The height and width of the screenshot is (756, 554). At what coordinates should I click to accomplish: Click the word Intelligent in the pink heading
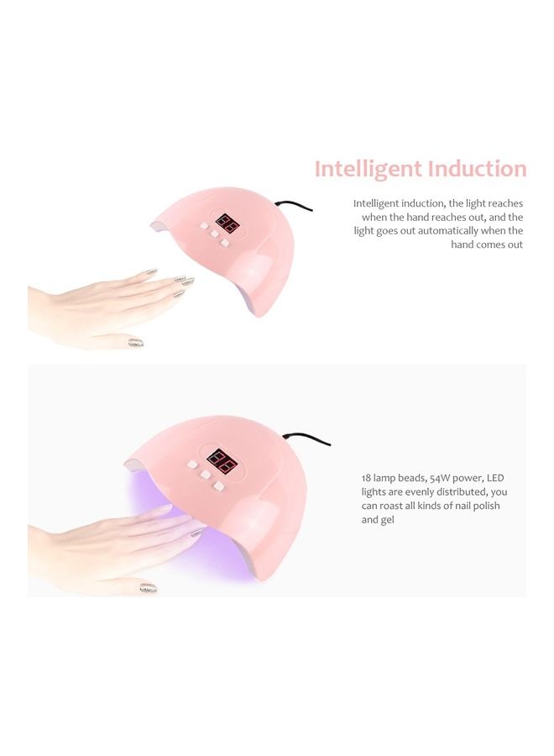tap(368, 169)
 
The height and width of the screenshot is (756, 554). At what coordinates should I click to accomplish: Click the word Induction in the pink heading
tap(476, 169)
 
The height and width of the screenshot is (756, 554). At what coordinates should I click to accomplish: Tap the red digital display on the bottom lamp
tap(220, 459)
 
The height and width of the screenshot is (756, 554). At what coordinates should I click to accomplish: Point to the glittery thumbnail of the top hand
tap(136, 343)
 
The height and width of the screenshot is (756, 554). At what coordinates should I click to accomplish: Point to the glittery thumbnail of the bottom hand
tap(148, 588)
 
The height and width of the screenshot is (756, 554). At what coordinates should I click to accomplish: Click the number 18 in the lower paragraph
tap(367, 477)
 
